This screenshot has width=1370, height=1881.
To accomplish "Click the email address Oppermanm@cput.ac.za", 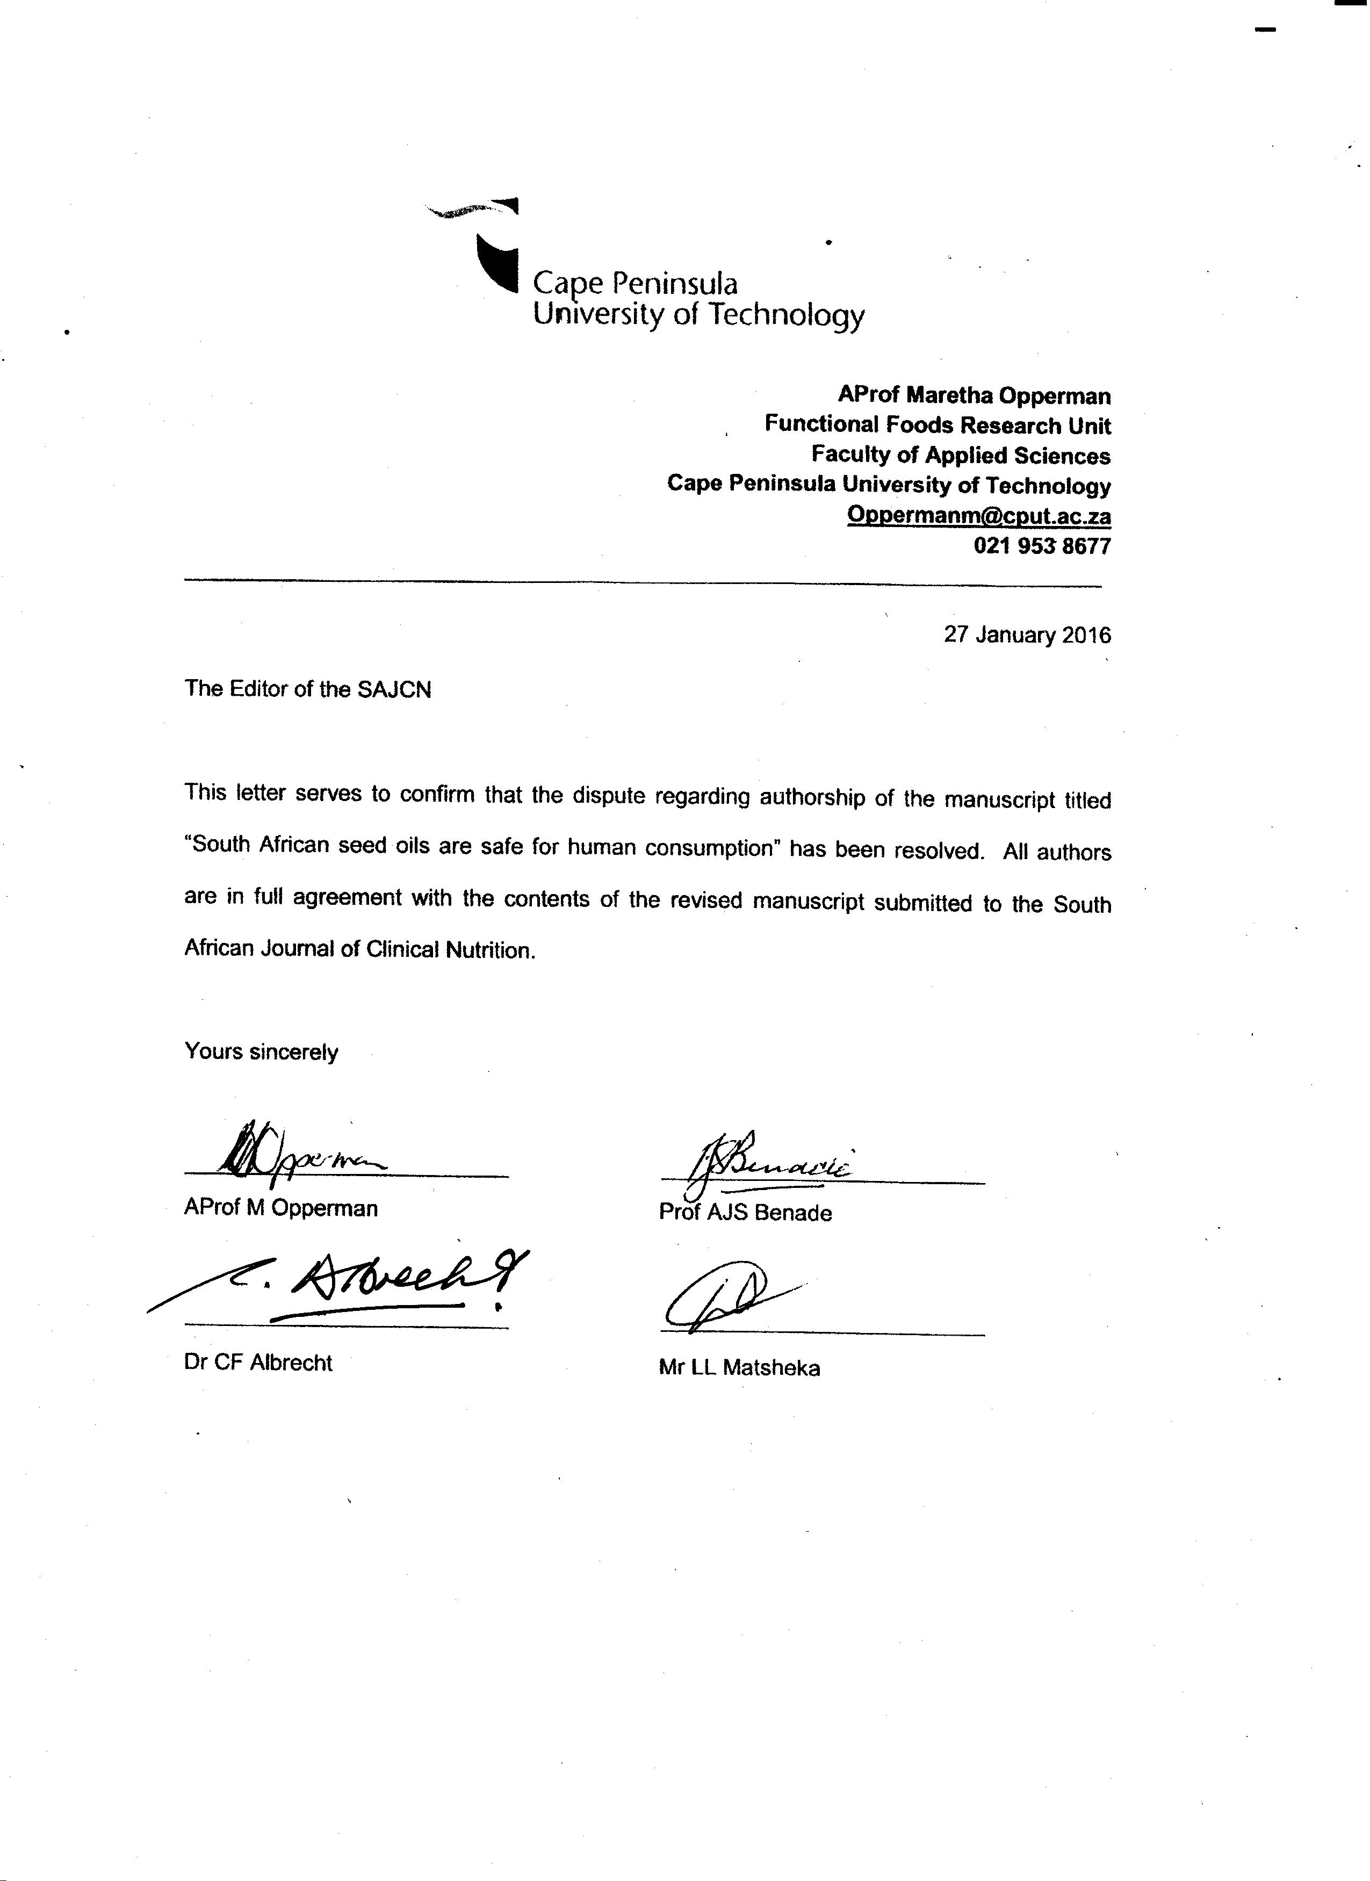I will click(978, 515).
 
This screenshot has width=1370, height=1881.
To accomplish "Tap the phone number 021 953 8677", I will click(1042, 546).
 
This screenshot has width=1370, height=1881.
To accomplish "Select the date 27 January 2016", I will click(1027, 635).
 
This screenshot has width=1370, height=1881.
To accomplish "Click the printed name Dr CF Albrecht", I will click(258, 1363).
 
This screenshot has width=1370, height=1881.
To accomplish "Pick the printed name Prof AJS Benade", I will click(745, 1213).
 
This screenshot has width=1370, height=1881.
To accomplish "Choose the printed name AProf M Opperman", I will click(280, 1208).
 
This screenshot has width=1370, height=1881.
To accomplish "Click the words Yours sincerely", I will click(261, 1051).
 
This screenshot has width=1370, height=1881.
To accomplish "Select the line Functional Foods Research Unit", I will click(937, 426).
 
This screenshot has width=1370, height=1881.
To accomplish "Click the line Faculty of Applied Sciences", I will click(960, 455).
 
